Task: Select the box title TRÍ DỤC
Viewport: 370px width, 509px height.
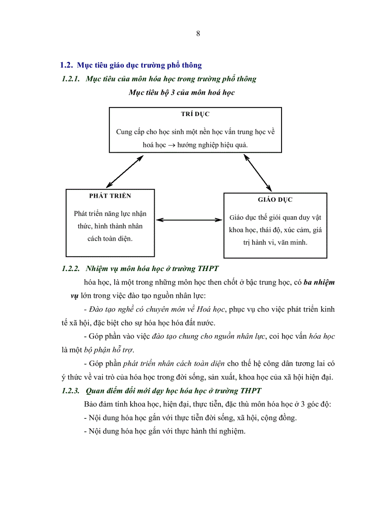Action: point(195,115)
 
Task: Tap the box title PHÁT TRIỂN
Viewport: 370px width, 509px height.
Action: point(110,196)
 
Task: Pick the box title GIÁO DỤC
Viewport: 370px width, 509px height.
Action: point(275,200)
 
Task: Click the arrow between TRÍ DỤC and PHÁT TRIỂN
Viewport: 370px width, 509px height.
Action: point(124,171)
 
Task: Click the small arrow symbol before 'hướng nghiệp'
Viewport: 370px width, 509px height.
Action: point(168,145)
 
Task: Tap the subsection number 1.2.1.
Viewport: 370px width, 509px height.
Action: point(70,79)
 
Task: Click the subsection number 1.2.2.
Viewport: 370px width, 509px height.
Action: point(70,269)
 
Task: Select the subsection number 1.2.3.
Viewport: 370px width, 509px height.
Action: point(70,391)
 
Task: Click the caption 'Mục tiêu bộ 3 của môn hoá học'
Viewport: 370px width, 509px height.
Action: point(181,92)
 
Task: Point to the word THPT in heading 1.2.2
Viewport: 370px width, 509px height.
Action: point(208,269)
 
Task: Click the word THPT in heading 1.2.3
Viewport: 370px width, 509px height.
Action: point(251,391)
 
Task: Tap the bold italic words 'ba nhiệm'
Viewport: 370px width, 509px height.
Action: point(319,282)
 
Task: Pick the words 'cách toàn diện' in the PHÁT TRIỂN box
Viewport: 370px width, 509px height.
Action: point(110,239)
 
